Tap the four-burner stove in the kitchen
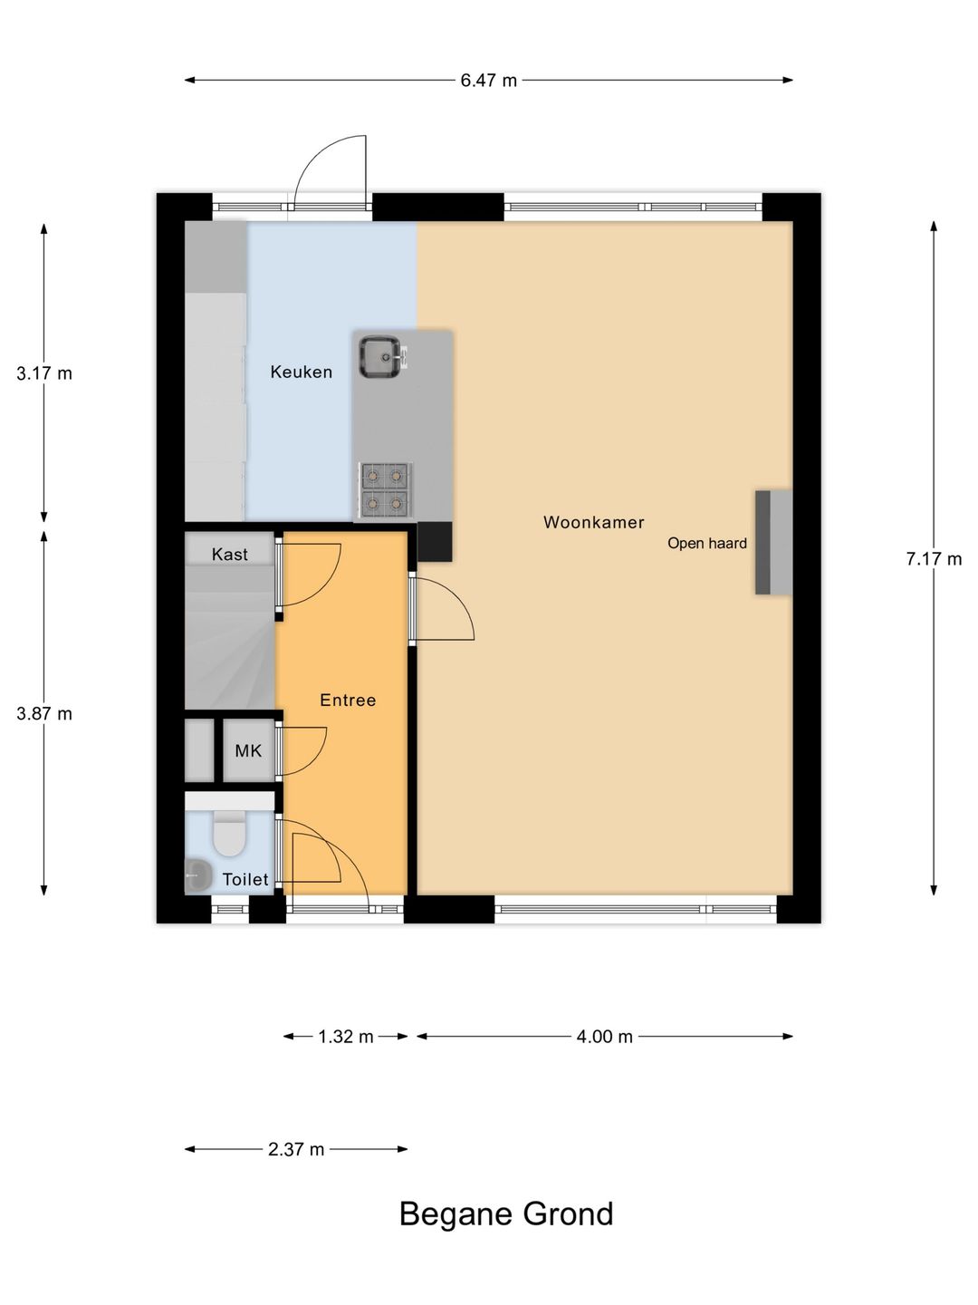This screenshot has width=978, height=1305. click(385, 488)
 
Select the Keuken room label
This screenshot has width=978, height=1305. click(302, 372)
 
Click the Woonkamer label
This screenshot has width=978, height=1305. click(593, 522)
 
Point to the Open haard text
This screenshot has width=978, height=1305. click(706, 543)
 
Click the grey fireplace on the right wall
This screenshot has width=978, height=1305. click(773, 542)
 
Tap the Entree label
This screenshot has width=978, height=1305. click(348, 700)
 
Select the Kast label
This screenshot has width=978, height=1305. click(229, 555)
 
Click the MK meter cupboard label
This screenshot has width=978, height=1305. click(248, 750)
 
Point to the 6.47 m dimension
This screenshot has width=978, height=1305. click(488, 80)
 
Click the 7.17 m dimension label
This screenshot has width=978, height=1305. click(934, 558)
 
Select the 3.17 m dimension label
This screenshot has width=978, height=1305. click(44, 372)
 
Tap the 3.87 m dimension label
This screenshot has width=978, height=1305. click(44, 713)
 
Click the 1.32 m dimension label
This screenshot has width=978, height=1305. click(346, 1036)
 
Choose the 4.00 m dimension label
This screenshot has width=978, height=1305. click(604, 1036)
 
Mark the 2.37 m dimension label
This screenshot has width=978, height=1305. click(296, 1149)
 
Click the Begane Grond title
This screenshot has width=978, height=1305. click(506, 1213)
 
